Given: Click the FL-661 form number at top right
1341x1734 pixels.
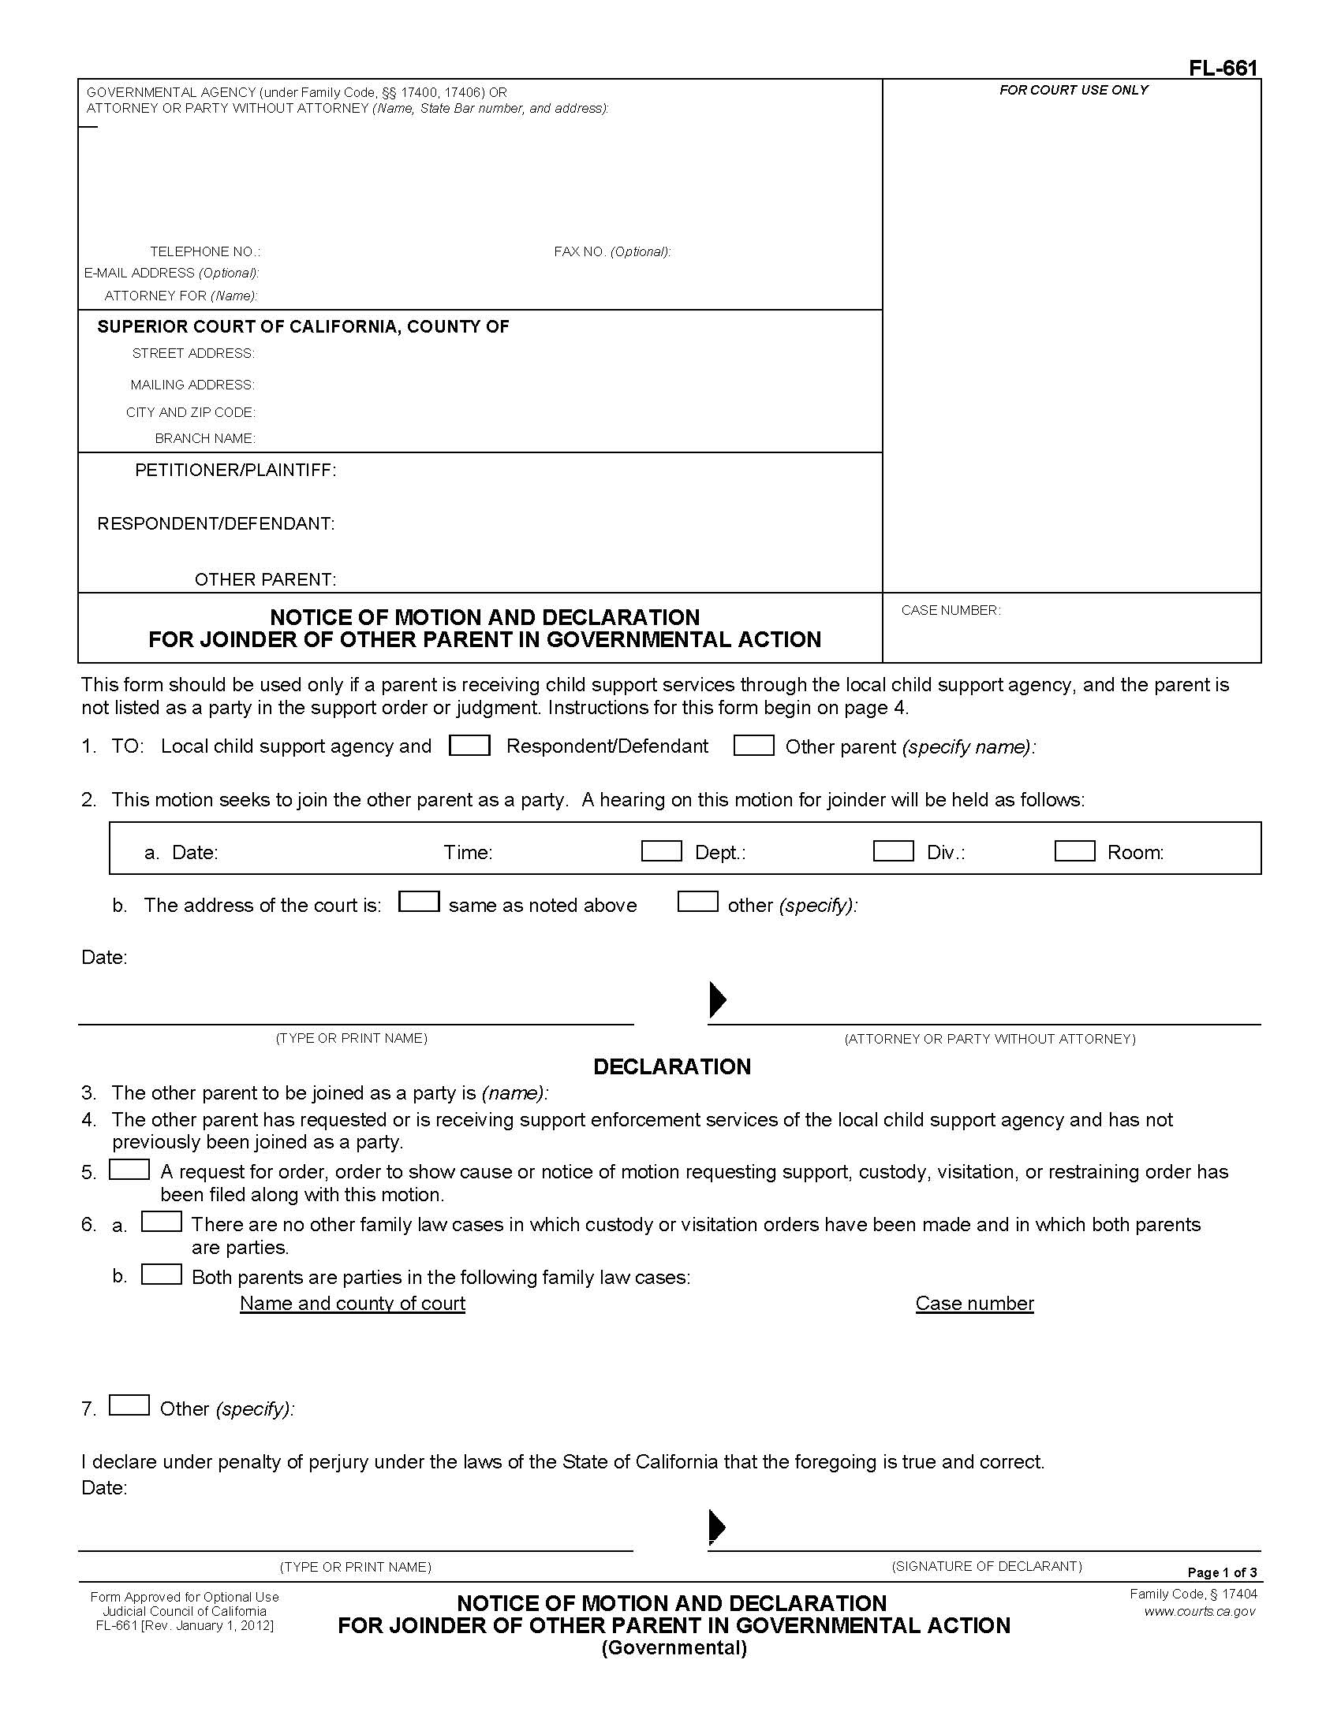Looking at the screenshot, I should tap(1223, 69).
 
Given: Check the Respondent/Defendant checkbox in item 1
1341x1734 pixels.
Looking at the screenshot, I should tap(469, 746).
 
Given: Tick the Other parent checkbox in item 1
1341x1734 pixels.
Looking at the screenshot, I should tap(753, 746).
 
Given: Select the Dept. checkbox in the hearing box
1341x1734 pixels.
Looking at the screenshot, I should tap(661, 851).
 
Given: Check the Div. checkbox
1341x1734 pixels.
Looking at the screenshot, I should tap(893, 851).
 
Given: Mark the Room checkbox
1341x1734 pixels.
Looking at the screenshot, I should tap(1074, 851).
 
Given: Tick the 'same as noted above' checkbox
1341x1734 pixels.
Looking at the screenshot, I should tap(419, 902).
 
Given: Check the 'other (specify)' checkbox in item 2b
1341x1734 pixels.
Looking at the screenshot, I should tap(697, 902).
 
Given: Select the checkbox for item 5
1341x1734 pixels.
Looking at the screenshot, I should tap(129, 1170).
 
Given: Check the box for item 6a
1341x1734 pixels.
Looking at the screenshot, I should tap(161, 1222).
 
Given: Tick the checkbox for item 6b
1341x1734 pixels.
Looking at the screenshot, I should tap(161, 1274).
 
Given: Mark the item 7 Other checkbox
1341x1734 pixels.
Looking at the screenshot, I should tap(129, 1405).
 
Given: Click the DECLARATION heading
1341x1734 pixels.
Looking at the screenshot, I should tap(671, 1066).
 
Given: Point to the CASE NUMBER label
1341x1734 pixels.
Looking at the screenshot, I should tap(951, 611).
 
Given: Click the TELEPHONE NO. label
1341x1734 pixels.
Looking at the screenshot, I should tap(205, 251).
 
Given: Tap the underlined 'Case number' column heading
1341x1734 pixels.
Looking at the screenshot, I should tap(974, 1303).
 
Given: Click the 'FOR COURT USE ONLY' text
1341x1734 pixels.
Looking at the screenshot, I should tap(1074, 91).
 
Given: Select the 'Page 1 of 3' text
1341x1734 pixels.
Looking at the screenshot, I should tap(1222, 1572).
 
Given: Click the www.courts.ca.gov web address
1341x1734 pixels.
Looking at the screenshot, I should tap(1200, 1611).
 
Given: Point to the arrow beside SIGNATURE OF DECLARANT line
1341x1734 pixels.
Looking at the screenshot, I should tap(716, 1525).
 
